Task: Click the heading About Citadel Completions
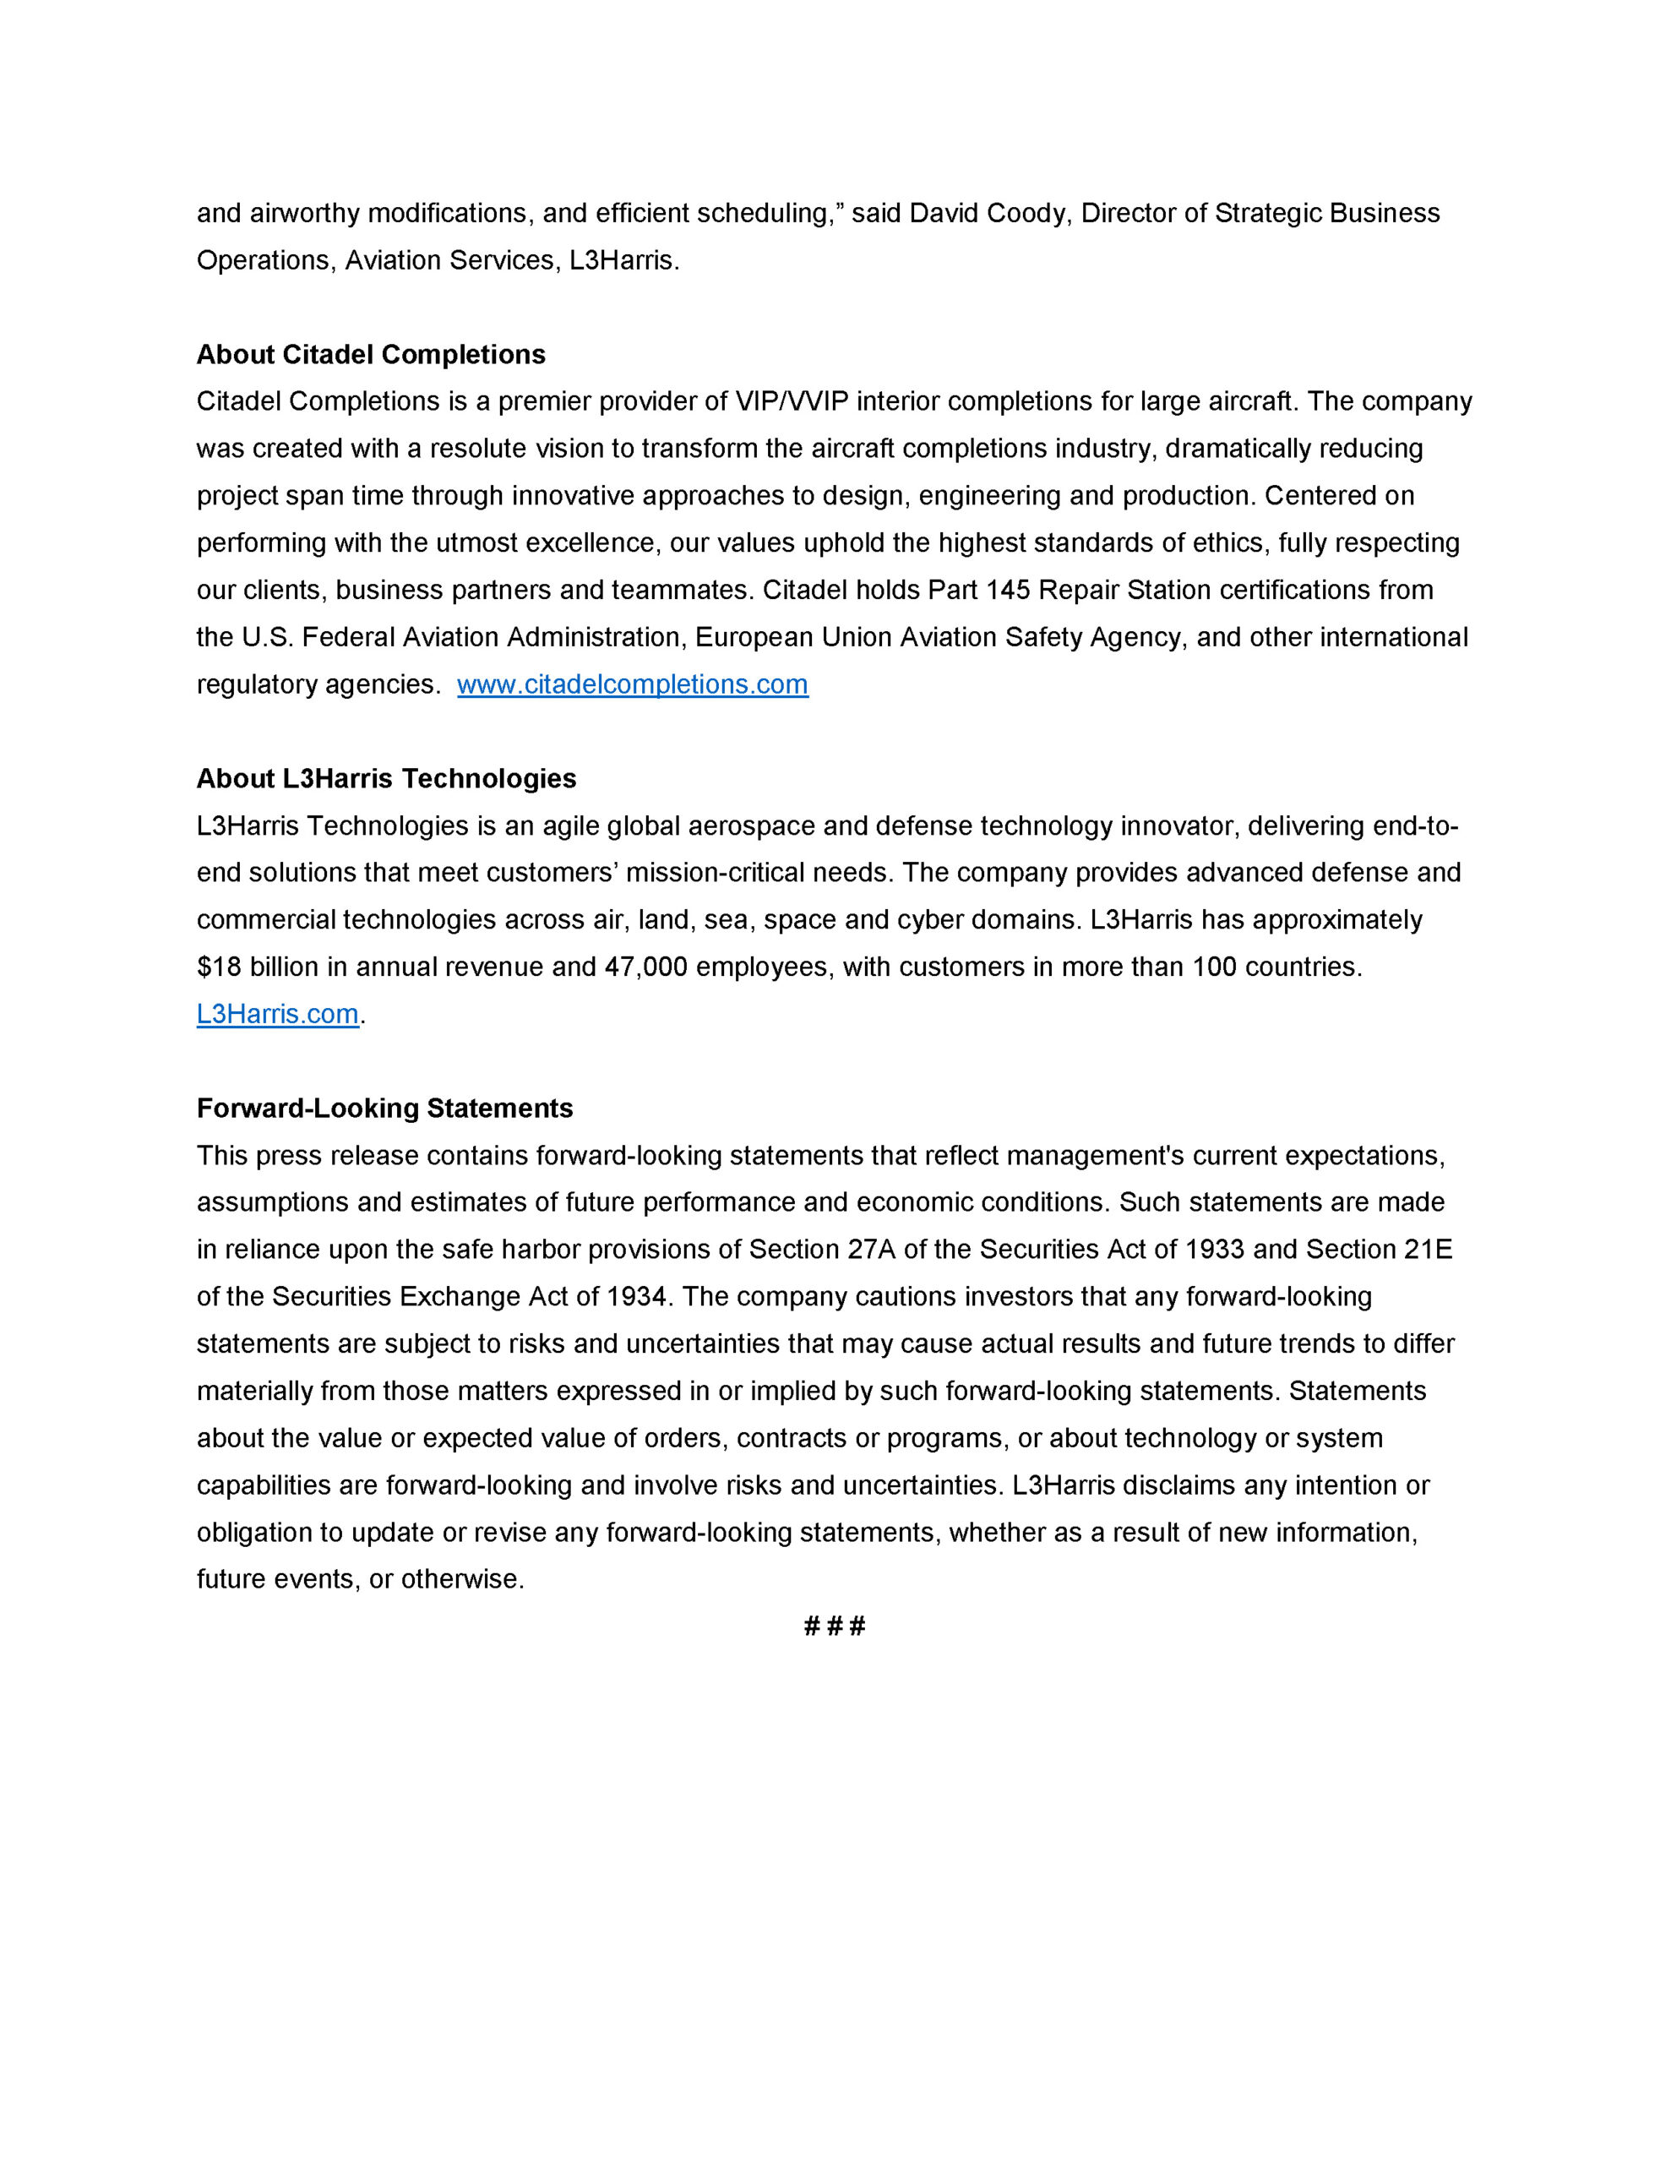click(x=371, y=355)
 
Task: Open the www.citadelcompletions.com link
click(x=632, y=684)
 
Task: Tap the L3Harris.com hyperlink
click(x=277, y=1014)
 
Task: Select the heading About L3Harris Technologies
click(x=386, y=778)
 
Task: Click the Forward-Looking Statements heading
click(x=384, y=1109)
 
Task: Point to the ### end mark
click(x=835, y=1626)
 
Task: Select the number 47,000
click(x=645, y=967)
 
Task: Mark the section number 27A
click(x=872, y=1250)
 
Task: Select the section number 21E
click(x=1429, y=1250)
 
